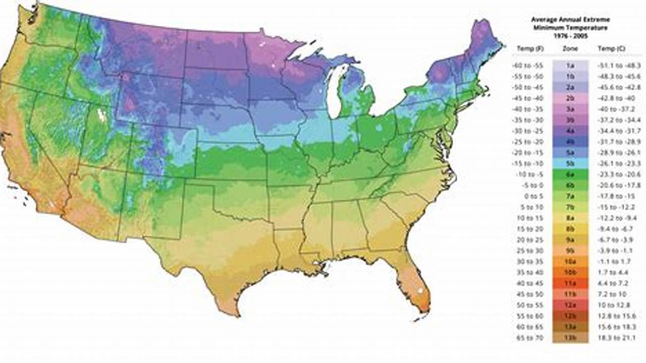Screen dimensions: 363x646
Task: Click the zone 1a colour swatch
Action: [x=570, y=66]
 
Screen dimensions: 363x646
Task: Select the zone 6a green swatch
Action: [x=570, y=174]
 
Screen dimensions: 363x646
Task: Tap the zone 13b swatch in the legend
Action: [x=570, y=337]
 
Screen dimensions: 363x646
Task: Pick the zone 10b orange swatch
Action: [x=570, y=272]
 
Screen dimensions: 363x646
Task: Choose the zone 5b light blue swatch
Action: [x=570, y=163]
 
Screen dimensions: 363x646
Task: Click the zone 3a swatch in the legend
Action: [x=570, y=109]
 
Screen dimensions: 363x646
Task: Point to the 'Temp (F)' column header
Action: [x=527, y=49]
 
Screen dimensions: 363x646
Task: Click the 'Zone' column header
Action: [x=570, y=49]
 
